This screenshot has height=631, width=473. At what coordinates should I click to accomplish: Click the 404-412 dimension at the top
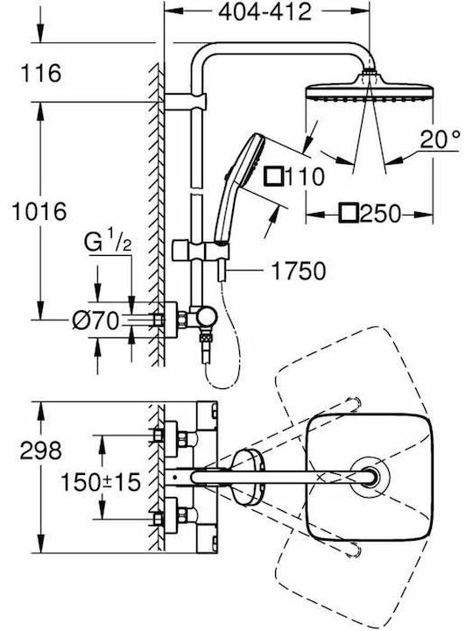[265, 11]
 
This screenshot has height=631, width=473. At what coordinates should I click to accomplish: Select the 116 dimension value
[41, 73]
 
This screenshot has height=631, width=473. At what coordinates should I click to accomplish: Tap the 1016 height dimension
[39, 211]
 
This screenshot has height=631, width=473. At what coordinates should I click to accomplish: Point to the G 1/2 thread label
[108, 242]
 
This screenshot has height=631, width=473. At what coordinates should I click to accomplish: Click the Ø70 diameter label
[95, 321]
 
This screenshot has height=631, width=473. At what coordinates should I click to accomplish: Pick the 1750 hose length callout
[298, 271]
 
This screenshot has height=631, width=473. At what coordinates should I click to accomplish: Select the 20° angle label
[440, 139]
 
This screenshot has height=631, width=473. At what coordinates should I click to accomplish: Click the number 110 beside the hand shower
[305, 177]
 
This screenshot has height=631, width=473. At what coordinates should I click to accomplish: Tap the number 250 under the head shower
[380, 214]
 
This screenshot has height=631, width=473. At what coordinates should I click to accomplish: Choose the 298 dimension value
[41, 450]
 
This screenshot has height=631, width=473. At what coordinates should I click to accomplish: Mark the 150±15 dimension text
[100, 482]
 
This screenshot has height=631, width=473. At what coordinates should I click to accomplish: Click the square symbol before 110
[274, 176]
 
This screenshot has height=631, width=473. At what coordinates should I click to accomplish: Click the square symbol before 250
[349, 213]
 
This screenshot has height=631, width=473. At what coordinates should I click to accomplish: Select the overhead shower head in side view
[369, 89]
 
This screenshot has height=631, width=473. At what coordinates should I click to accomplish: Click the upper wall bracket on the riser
[185, 102]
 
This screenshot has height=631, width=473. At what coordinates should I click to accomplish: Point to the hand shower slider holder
[201, 252]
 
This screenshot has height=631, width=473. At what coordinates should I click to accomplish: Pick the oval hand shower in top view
[246, 478]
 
